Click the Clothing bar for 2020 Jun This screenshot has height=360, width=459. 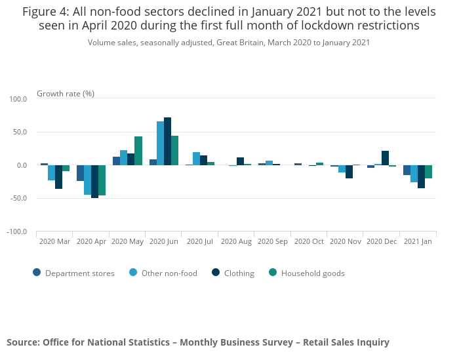coord(167,141)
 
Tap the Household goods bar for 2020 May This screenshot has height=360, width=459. coord(138,151)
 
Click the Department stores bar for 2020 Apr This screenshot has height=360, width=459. coord(80,173)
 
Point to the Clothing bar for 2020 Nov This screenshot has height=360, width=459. coord(349,172)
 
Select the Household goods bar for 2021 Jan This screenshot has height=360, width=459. coord(428,172)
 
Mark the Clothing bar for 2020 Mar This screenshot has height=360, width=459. coord(58,177)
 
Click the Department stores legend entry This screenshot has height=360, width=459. coord(79,273)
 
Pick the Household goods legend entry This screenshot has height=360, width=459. coord(312,273)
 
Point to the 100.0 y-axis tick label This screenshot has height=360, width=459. coord(18,100)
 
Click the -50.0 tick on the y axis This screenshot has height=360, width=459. coord(18,199)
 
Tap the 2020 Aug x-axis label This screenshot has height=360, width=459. coord(236,241)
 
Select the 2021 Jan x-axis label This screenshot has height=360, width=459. coord(418,241)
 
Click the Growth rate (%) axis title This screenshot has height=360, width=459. coord(66,94)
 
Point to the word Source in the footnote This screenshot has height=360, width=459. coord(22,342)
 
